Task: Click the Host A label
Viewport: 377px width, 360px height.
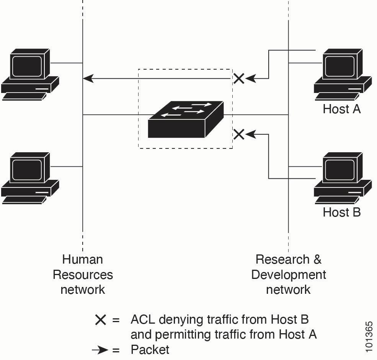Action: pyautogui.click(x=341, y=109)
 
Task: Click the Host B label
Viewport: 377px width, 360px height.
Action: pyautogui.click(x=341, y=212)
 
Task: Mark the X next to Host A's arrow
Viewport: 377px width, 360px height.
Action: pyautogui.click(x=239, y=79)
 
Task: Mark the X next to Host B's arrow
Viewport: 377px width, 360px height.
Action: pyautogui.click(x=239, y=134)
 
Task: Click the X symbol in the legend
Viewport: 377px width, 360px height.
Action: pyautogui.click(x=100, y=319)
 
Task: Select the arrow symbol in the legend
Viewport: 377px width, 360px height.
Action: pyautogui.click(x=100, y=350)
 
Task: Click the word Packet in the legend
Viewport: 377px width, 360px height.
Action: pyautogui.click(x=150, y=350)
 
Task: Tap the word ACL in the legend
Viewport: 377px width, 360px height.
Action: pyautogui.click(x=143, y=319)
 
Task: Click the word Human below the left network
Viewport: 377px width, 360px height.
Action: pyautogui.click(x=82, y=259)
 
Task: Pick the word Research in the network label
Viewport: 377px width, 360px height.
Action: pyautogui.click(x=282, y=259)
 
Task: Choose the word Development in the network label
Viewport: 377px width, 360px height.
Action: pyautogui.click(x=289, y=275)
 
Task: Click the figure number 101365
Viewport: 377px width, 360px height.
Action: pyautogui.click(x=369, y=337)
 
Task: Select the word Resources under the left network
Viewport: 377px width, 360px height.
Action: pyautogui.click(x=82, y=275)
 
